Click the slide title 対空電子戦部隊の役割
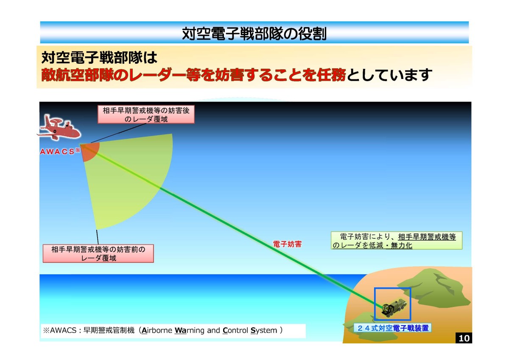254,33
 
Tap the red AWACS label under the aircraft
58,152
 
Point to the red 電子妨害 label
287,245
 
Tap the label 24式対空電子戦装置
392,328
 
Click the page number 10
464,338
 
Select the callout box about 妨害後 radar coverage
146,115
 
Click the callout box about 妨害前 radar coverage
98,253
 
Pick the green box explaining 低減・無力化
396,241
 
